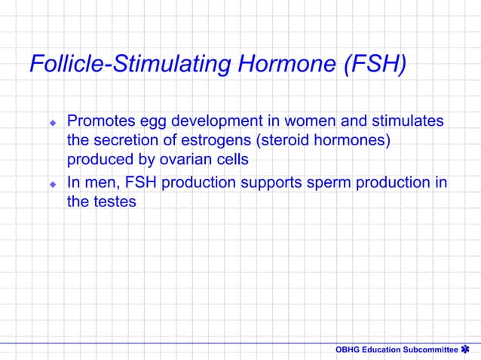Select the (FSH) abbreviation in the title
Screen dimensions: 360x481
374,65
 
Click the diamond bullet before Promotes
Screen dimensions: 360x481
53,122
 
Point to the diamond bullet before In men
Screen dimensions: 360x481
53,183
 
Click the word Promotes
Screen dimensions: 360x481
102,121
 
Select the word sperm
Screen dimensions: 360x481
328,182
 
